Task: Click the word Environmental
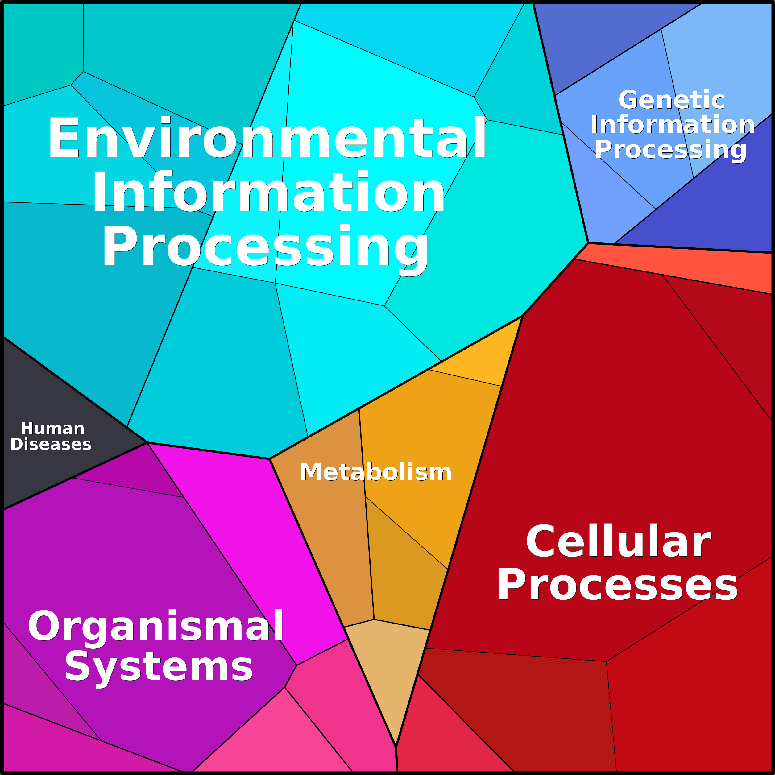[x=267, y=137]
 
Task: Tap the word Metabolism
[x=376, y=472]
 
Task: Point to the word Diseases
[x=51, y=445]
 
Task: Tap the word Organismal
[x=155, y=626]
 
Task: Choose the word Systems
[x=159, y=668]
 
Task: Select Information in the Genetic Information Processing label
[x=672, y=124]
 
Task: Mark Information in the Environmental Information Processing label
[x=268, y=191]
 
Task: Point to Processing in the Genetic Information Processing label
[x=671, y=150]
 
